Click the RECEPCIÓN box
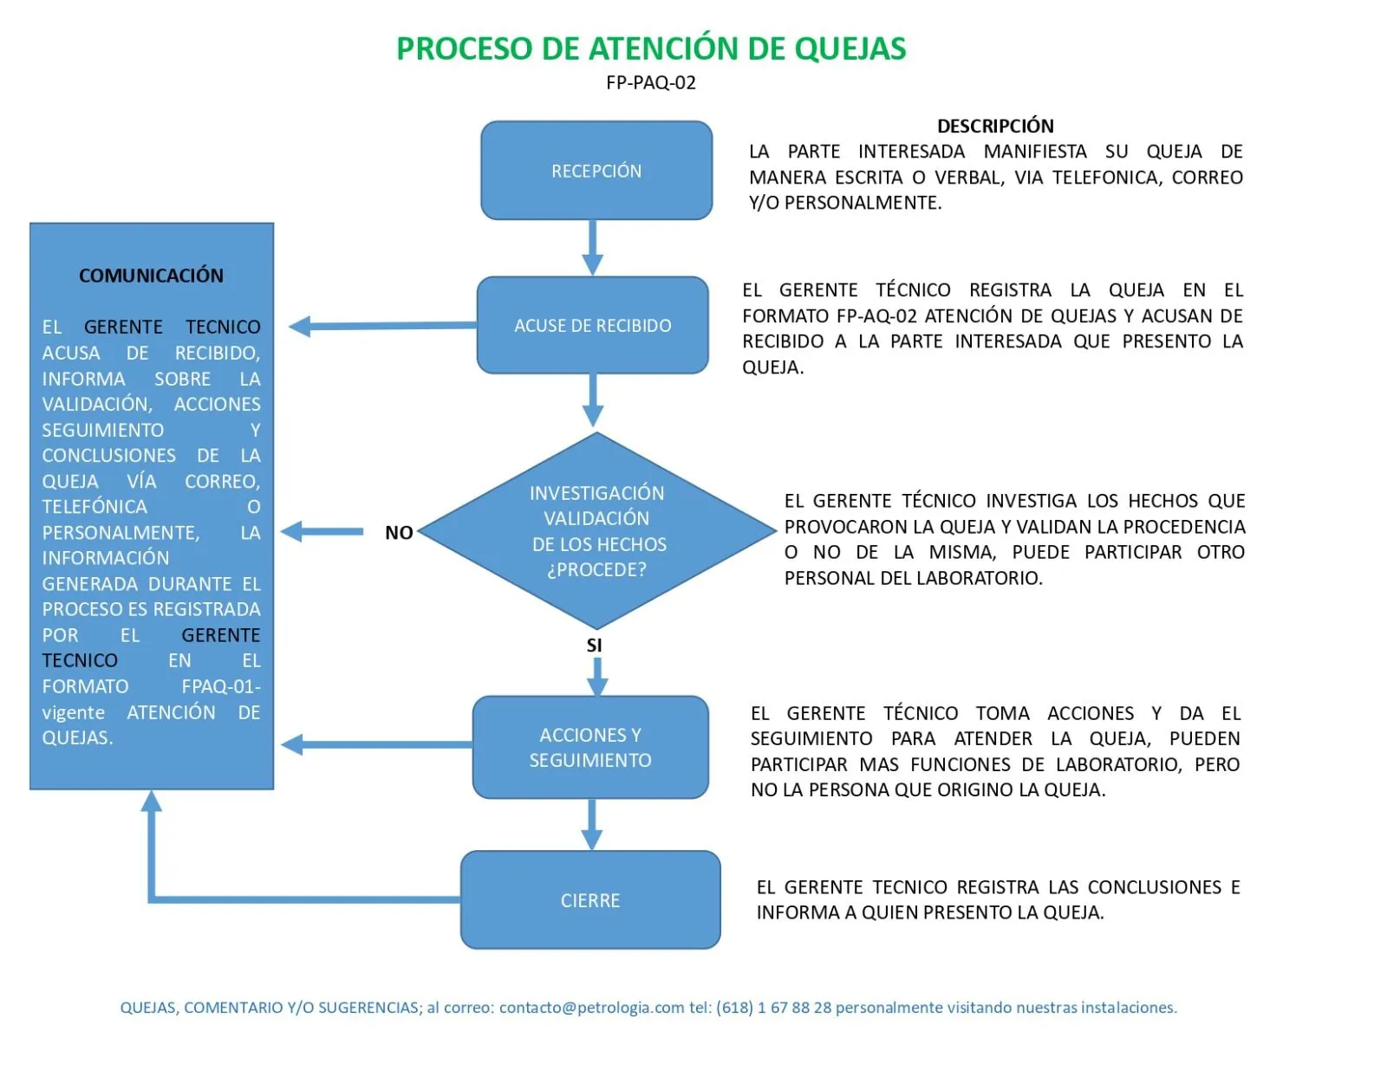(x=596, y=171)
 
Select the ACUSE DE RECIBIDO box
(x=593, y=326)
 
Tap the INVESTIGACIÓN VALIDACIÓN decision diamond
(x=596, y=530)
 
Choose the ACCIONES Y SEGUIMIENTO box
(x=590, y=747)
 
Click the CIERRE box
(x=590, y=900)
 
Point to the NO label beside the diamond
(x=399, y=533)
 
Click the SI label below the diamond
(x=594, y=646)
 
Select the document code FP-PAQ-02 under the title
(x=651, y=83)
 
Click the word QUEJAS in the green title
(x=850, y=49)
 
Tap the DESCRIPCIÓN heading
(x=995, y=126)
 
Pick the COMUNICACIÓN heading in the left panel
(x=151, y=276)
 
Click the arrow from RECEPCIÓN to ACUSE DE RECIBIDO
(x=593, y=247)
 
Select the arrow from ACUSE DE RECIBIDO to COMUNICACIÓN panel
(x=381, y=326)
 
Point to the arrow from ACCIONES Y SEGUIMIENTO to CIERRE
(x=592, y=824)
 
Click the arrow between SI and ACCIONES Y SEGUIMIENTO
(x=597, y=675)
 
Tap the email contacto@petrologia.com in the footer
(x=591, y=1008)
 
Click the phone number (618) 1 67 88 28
(x=773, y=1008)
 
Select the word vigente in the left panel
(x=74, y=713)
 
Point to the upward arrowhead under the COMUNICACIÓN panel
(x=152, y=802)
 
